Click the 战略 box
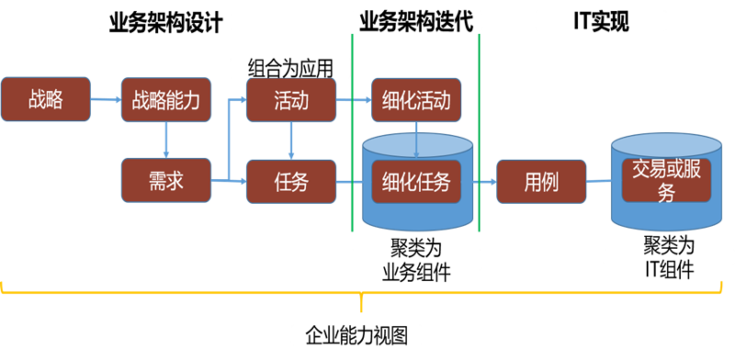tap(46, 100)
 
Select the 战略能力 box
tap(166, 100)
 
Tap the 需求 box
tap(166, 181)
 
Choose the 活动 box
tap(291, 100)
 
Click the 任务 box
tap(291, 181)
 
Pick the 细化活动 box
tap(416, 100)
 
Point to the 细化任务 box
tap(416, 181)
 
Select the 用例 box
tap(541, 181)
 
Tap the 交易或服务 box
tap(668, 181)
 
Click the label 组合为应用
tap(290, 67)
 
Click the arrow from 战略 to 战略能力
tap(106, 100)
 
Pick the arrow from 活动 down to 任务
tap(291, 141)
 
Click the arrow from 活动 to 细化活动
tap(354, 100)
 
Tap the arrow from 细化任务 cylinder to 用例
tap(486, 181)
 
